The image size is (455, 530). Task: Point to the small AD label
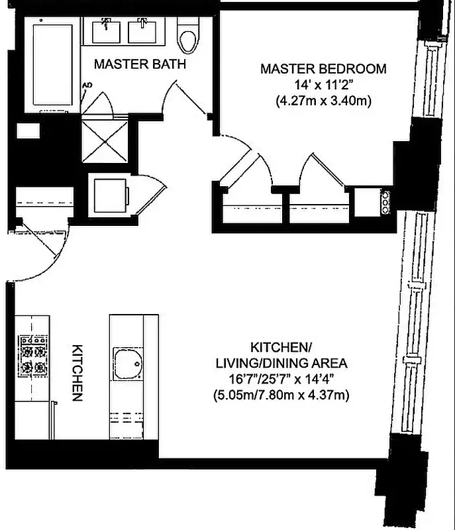pos(86,85)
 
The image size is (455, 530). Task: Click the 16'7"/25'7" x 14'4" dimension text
pos(281,379)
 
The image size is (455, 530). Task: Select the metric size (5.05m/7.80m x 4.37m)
pos(281,396)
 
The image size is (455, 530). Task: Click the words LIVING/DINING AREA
pos(281,363)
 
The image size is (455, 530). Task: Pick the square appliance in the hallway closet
pos(110,195)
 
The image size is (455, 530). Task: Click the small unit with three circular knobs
pos(383,201)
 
